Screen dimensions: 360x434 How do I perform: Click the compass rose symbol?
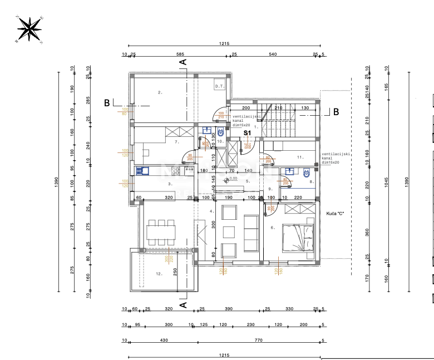click(29, 28)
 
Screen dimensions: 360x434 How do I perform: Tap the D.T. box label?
click(219, 86)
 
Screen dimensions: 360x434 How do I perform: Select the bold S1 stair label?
click(248, 134)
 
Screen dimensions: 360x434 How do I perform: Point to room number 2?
click(160, 92)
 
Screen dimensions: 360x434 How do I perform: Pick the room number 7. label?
click(176, 142)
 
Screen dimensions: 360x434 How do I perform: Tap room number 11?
click(300, 157)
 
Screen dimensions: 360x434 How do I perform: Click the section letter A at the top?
click(183, 62)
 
